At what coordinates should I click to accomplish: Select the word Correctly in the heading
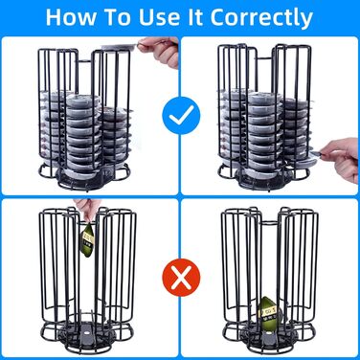coord(261,18)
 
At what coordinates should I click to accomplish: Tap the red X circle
coord(181,278)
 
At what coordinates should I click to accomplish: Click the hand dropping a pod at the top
coord(160,51)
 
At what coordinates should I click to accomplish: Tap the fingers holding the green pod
coord(85,210)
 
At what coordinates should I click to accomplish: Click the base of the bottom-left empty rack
coord(86,337)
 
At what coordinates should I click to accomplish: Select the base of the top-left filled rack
coord(84,176)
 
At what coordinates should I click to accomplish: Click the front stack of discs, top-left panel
coord(82,134)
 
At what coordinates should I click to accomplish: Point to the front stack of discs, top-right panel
coord(263,134)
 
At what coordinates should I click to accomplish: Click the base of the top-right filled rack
coord(264,176)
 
